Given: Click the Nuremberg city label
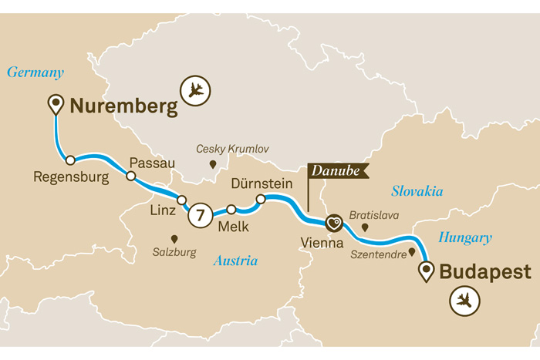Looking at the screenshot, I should coord(124,106).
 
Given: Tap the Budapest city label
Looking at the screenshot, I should coord(485,272).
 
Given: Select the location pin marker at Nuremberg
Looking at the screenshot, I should coord(56,104).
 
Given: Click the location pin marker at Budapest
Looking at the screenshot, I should coord(425,271).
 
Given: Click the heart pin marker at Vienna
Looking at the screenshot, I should coord(333,223).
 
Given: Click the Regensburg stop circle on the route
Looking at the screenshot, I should coord(70,160).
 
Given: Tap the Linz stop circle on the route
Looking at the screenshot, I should coord(182,200).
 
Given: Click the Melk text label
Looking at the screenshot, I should coord(233,227).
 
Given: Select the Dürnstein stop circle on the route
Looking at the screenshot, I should coord(261,199).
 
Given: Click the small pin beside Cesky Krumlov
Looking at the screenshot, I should coord(214,164).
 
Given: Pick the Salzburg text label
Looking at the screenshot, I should coord(174,252).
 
